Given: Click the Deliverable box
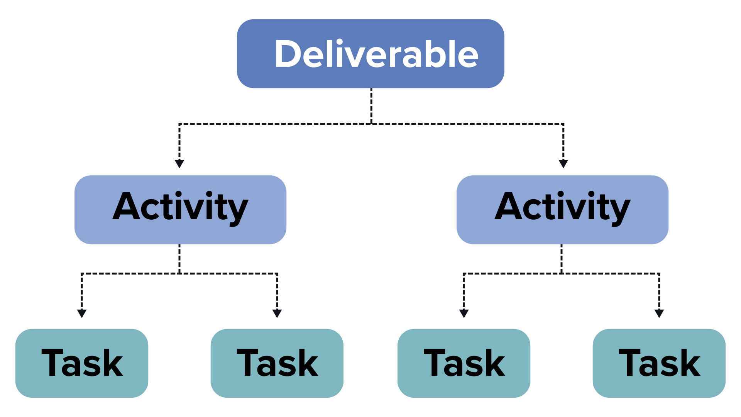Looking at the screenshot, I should click(x=370, y=54).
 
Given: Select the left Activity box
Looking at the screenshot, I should click(x=180, y=210).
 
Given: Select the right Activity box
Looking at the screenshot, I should click(x=562, y=210).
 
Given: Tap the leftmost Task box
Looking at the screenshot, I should click(x=82, y=363).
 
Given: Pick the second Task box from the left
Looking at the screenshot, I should click(x=277, y=363).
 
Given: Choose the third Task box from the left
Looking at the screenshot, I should click(x=464, y=363).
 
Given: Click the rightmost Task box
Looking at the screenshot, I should click(x=659, y=363).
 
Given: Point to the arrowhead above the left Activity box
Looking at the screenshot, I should click(x=179, y=164).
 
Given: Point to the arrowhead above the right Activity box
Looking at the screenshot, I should click(x=563, y=164).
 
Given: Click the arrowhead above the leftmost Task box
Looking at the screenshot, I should click(x=82, y=313).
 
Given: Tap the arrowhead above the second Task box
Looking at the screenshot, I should click(x=277, y=313).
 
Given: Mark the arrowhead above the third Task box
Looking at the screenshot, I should click(x=464, y=313).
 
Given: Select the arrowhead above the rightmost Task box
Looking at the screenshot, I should click(x=659, y=313).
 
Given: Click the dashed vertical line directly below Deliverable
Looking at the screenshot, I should click(x=371, y=106).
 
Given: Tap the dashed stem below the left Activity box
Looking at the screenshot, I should click(x=179, y=259).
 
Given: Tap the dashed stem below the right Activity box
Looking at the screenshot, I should click(x=562, y=259).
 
